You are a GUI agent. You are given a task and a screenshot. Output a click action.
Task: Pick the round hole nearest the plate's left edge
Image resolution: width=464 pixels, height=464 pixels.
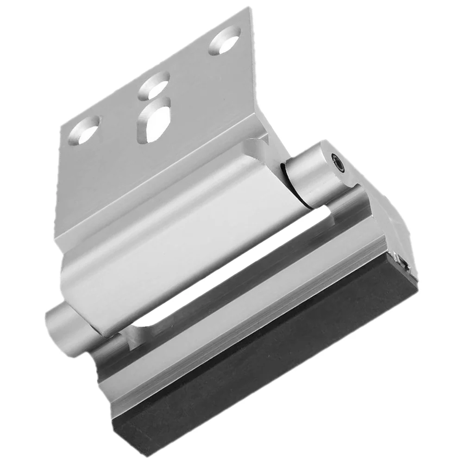click(x=84, y=130)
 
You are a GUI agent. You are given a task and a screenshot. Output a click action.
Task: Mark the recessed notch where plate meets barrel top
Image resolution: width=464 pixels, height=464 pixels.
click(x=257, y=144)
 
